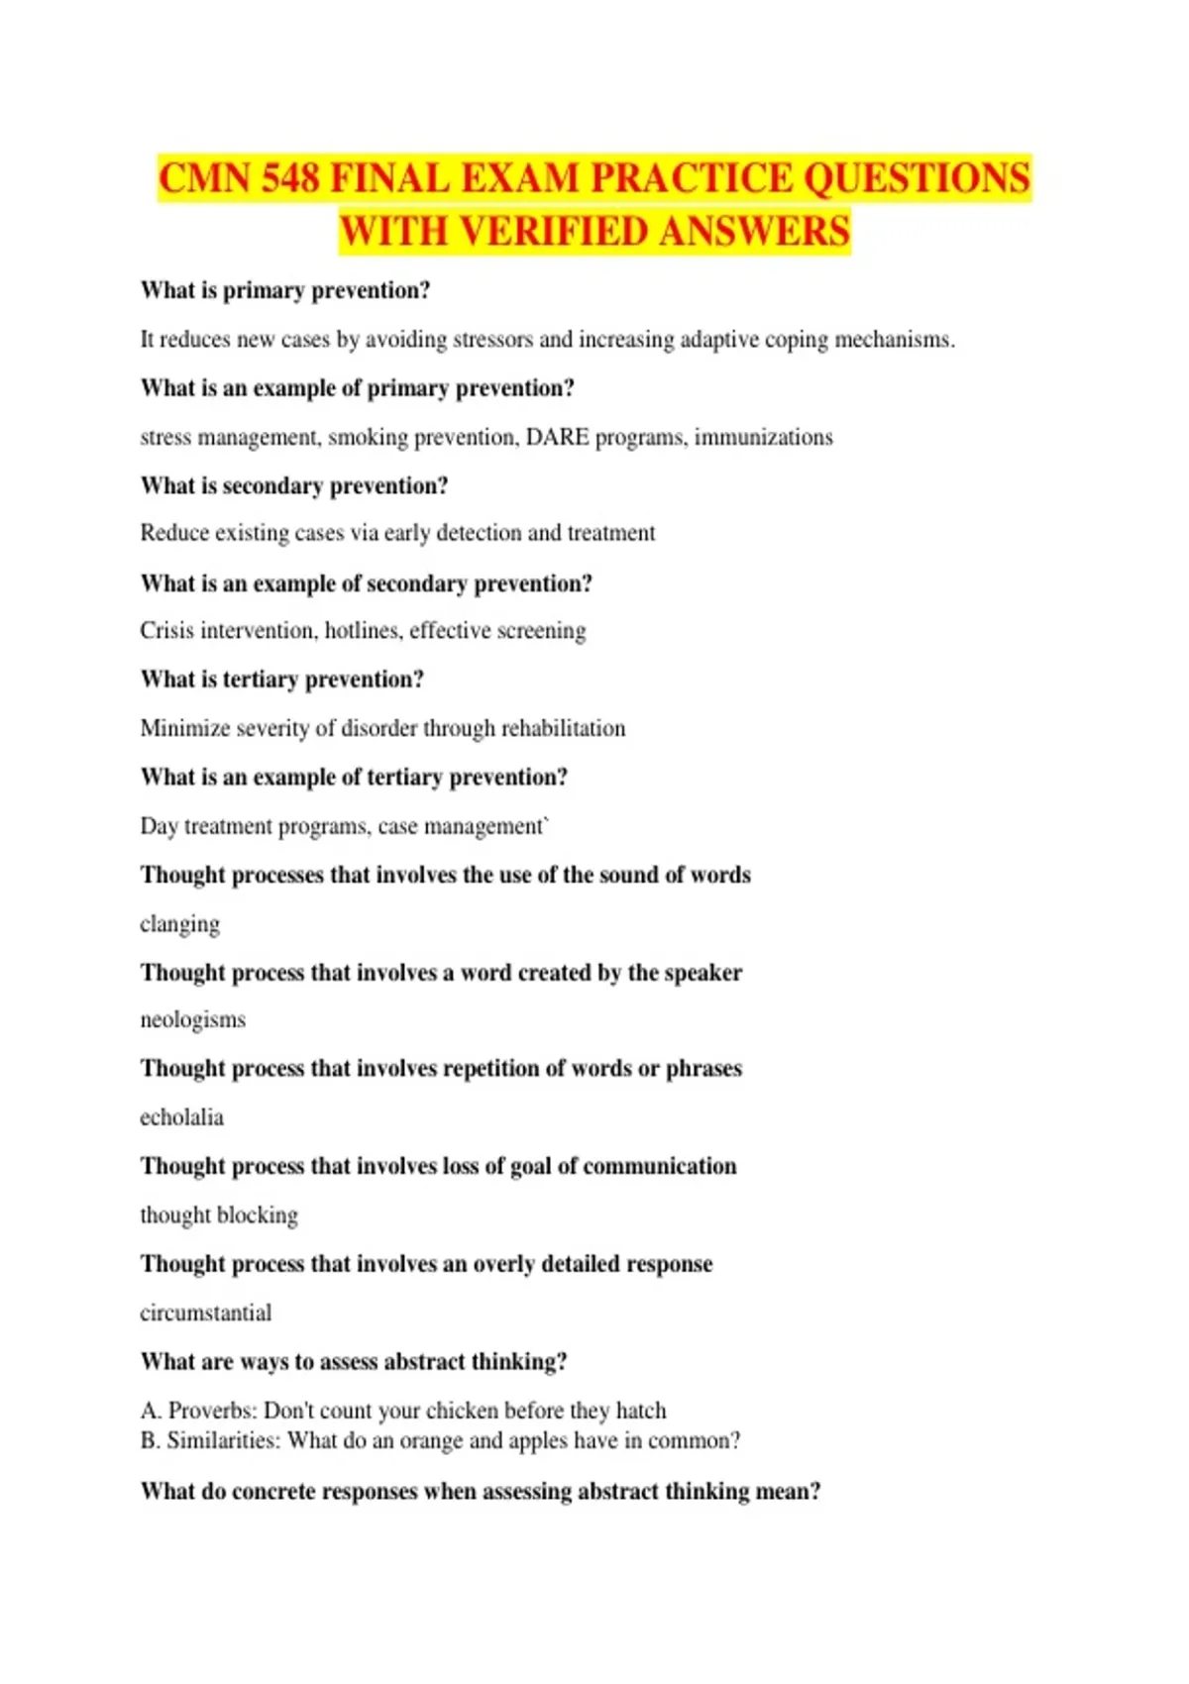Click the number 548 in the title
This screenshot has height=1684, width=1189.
(291, 178)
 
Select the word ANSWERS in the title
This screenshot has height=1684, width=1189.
(754, 231)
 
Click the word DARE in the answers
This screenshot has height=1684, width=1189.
(557, 437)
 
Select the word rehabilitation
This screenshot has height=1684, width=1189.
(563, 728)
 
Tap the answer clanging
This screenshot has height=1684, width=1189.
(179, 924)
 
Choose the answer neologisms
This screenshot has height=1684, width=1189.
(192, 1020)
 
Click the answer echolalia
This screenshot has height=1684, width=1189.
(181, 1117)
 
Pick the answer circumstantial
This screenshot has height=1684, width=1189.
(205, 1313)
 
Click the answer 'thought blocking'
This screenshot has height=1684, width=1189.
(219, 1215)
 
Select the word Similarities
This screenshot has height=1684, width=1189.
(223, 1440)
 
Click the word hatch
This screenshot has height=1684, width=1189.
(641, 1411)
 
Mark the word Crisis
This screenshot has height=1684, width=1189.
(166, 631)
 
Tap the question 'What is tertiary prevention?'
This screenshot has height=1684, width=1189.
(282, 680)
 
